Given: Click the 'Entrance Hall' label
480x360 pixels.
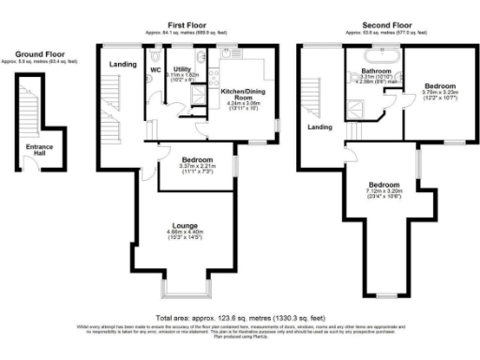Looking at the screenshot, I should point(39,149).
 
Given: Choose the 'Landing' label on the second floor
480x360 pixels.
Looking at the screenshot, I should point(321,127).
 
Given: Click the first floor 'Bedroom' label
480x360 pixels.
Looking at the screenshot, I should point(198,159).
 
